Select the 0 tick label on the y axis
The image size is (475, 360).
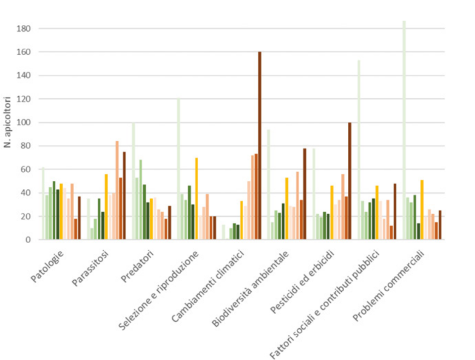(x=33, y=240)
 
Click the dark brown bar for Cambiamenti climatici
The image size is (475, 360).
(x=260, y=146)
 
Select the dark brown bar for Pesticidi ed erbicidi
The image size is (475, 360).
(x=349, y=181)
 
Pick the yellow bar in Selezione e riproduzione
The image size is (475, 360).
(x=196, y=199)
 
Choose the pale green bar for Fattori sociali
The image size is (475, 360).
(x=359, y=150)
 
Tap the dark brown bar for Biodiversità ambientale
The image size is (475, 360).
(x=305, y=194)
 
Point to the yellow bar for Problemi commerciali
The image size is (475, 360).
(x=421, y=210)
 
